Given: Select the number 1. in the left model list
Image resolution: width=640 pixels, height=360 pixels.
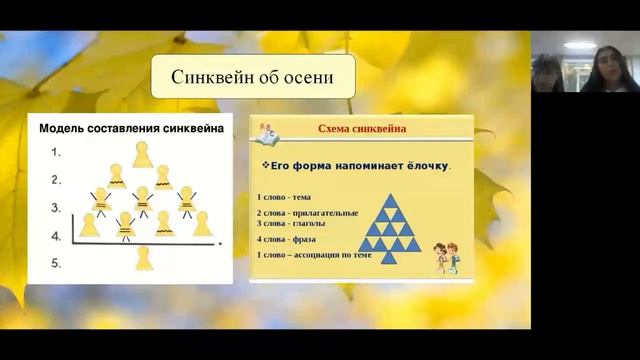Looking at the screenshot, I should pos(56,154).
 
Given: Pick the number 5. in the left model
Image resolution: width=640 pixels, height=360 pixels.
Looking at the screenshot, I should pos(56,264).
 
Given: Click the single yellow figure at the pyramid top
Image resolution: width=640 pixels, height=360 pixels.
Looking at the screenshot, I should pos(142,154).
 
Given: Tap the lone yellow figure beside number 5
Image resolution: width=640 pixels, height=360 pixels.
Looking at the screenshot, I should pos(142,257).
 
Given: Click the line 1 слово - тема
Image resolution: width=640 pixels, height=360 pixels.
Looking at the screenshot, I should pos(284,197).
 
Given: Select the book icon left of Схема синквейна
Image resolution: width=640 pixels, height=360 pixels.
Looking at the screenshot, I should pos(269,129).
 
